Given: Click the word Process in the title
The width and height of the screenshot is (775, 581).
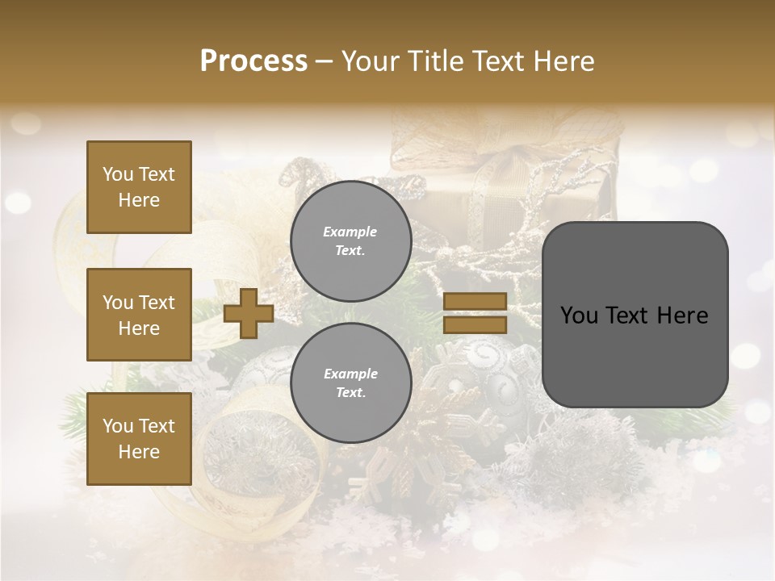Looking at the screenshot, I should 253,61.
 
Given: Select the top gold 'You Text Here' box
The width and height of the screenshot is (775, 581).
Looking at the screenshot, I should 139,187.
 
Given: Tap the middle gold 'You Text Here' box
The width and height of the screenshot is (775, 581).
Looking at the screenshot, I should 139,315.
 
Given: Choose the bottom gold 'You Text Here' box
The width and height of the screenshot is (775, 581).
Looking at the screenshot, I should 139,438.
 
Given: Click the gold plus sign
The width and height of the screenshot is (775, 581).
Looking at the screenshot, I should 249,314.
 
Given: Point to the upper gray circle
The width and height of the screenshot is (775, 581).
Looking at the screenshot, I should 350,241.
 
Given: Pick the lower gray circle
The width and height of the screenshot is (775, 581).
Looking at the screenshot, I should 350,382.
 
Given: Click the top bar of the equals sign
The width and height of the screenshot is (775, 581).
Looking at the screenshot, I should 475,302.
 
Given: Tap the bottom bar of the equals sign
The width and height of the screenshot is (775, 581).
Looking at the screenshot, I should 475,324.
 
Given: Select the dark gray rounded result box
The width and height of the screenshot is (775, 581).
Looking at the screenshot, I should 635,315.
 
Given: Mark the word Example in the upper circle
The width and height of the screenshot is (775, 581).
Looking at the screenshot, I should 350,232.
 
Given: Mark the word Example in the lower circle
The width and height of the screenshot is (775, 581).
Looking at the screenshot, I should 350,374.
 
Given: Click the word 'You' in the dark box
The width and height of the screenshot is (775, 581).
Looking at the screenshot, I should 580,316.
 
